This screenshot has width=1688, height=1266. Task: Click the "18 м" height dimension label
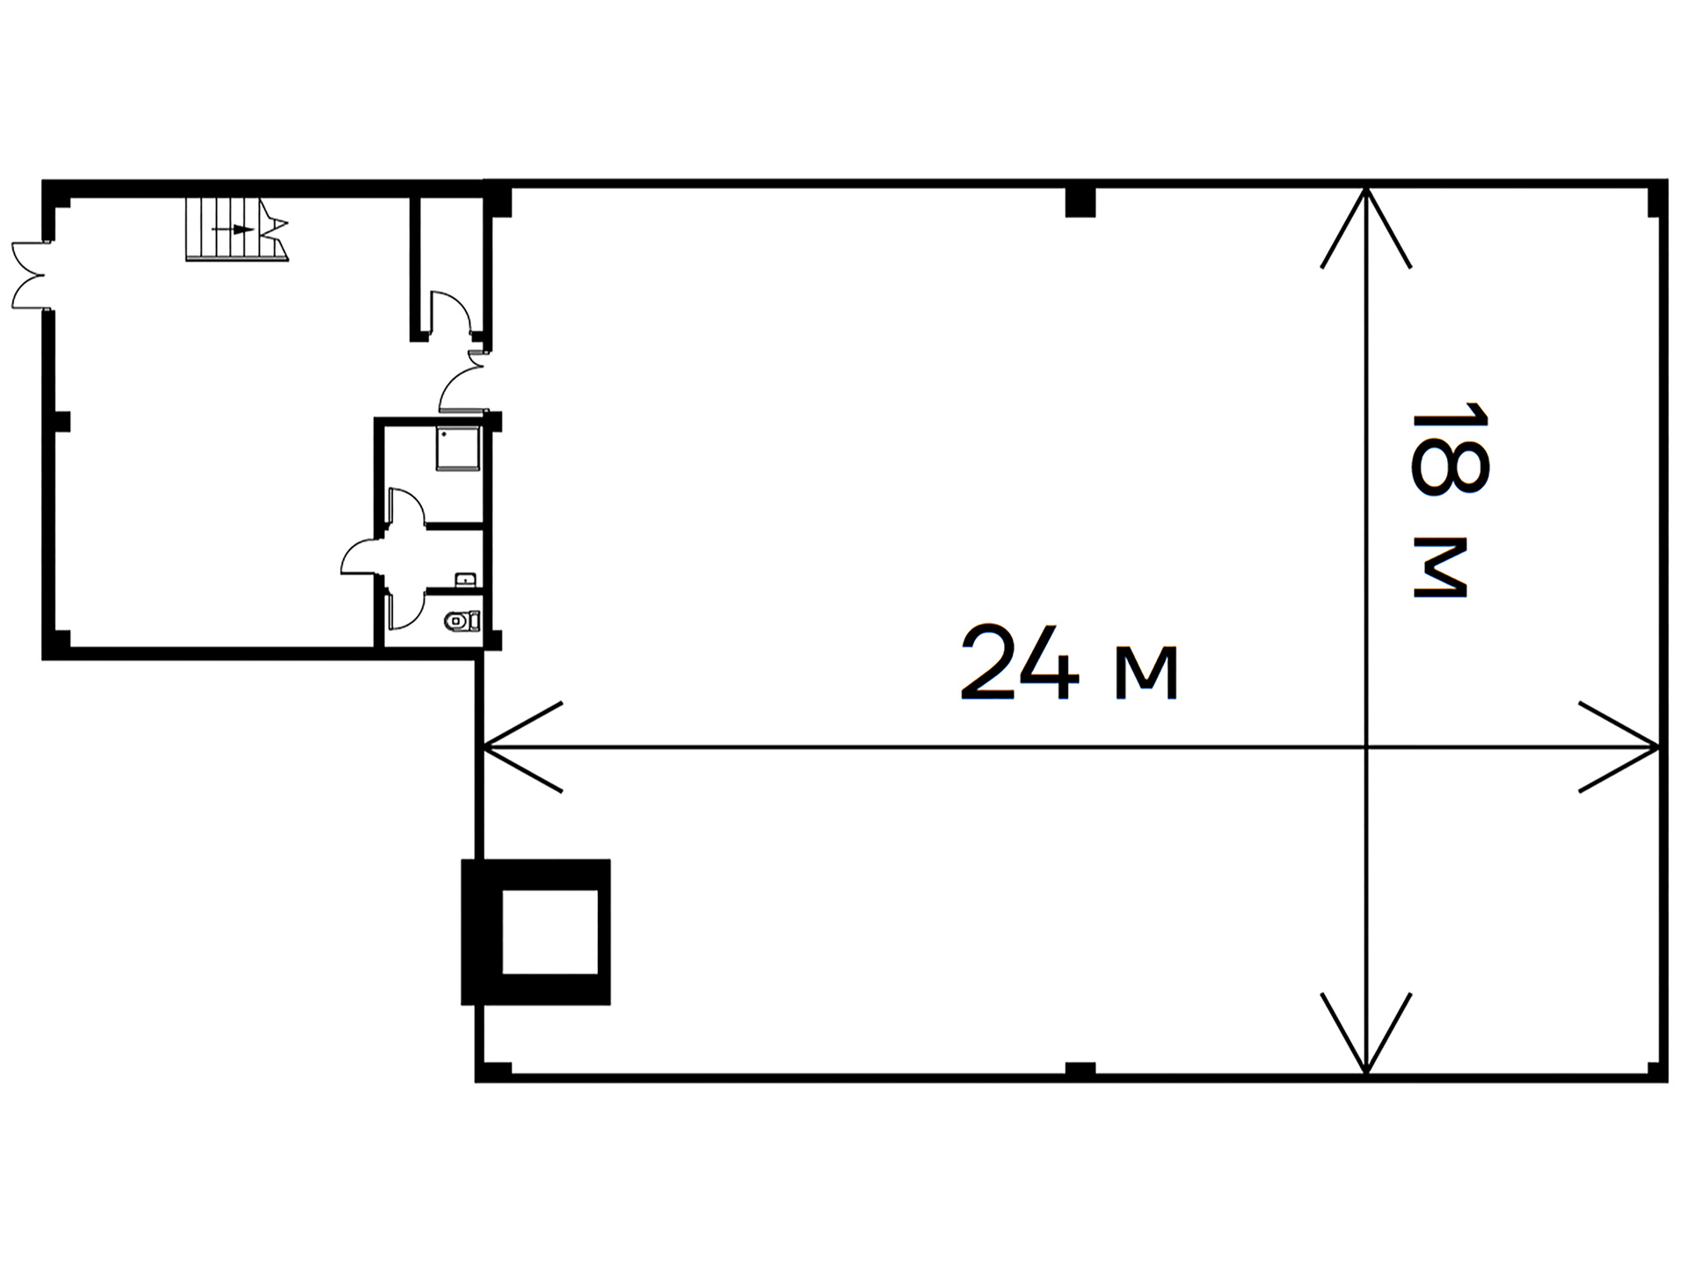point(1449,500)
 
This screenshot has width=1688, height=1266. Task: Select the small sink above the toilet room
point(466,579)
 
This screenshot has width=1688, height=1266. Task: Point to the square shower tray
point(458,448)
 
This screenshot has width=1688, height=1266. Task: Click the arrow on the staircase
point(233,229)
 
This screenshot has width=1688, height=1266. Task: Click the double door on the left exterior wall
point(28,274)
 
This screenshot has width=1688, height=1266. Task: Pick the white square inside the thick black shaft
point(549,932)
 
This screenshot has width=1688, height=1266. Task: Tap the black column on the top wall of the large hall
point(1080,201)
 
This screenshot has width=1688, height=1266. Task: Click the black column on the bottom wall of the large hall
point(1080,1069)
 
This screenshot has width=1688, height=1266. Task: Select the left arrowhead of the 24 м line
point(522,747)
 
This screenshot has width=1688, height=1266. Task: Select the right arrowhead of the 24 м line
point(1619,747)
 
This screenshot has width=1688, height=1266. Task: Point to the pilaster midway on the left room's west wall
point(62,421)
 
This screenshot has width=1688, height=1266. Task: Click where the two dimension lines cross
point(1365,747)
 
